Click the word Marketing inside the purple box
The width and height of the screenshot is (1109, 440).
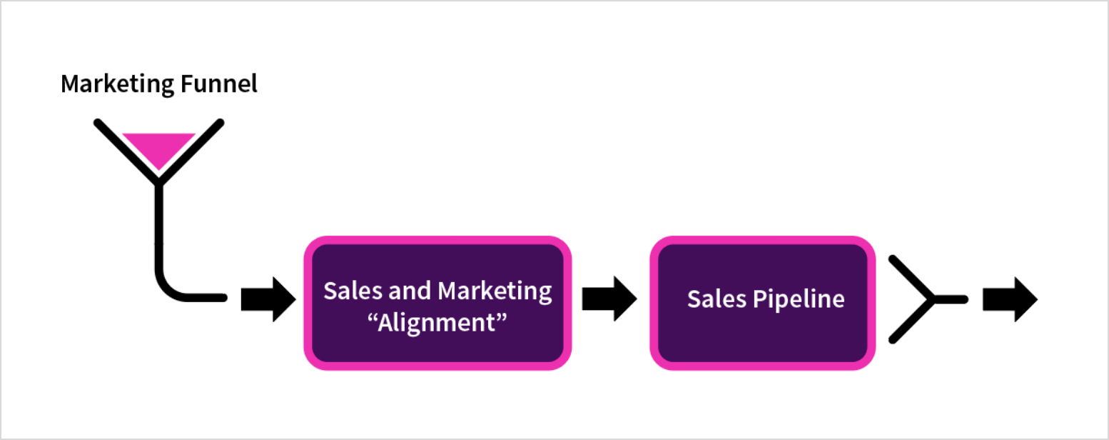pyautogui.click(x=495, y=291)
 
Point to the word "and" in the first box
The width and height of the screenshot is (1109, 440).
pyautogui.click(x=409, y=291)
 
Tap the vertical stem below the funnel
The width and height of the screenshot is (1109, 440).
pyautogui.click(x=159, y=221)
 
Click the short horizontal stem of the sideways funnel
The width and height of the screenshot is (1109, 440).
pyautogui.click(x=949, y=300)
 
